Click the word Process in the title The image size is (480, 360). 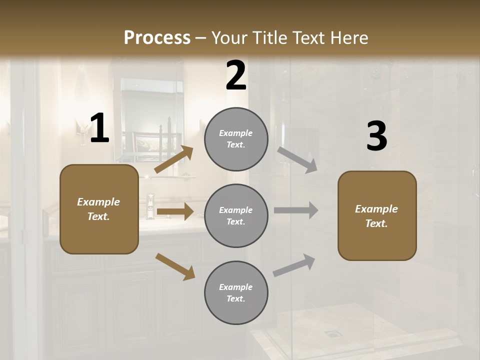coord(157,38)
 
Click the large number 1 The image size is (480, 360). coord(99,128)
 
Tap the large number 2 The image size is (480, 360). coord(236,76)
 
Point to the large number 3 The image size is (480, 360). coord(376,136)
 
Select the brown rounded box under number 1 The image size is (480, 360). coord(99,209)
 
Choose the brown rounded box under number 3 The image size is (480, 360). coord(377,215)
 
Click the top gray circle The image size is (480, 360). coord(236,139)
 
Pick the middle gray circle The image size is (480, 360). coord(236,215)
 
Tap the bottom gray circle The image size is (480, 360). coord(236,292)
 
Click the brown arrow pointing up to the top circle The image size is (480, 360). coord(173,159)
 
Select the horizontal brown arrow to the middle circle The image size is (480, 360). coord(174,211)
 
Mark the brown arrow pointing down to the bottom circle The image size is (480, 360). coord(175,266)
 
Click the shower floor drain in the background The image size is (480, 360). coord(331,332)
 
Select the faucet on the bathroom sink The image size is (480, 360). coord(150,205)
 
